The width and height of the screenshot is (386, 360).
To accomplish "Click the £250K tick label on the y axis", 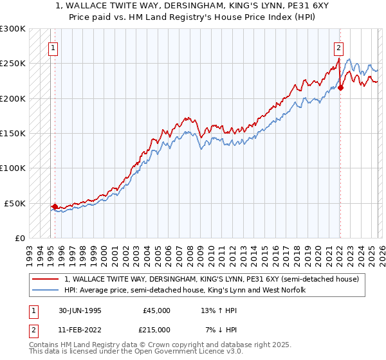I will [13, 64].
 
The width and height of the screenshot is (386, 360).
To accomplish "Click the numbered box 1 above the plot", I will [53, 47].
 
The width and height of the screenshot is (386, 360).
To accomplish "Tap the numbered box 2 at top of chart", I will [338, 47].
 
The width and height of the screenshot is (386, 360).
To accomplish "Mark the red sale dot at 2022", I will [340, 88].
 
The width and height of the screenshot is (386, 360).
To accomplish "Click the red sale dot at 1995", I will [55, 206].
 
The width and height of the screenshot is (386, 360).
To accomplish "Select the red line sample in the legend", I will [46, 278].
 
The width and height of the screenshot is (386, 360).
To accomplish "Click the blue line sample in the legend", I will [46, 290].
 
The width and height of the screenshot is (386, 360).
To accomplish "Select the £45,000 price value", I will [156, 310].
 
